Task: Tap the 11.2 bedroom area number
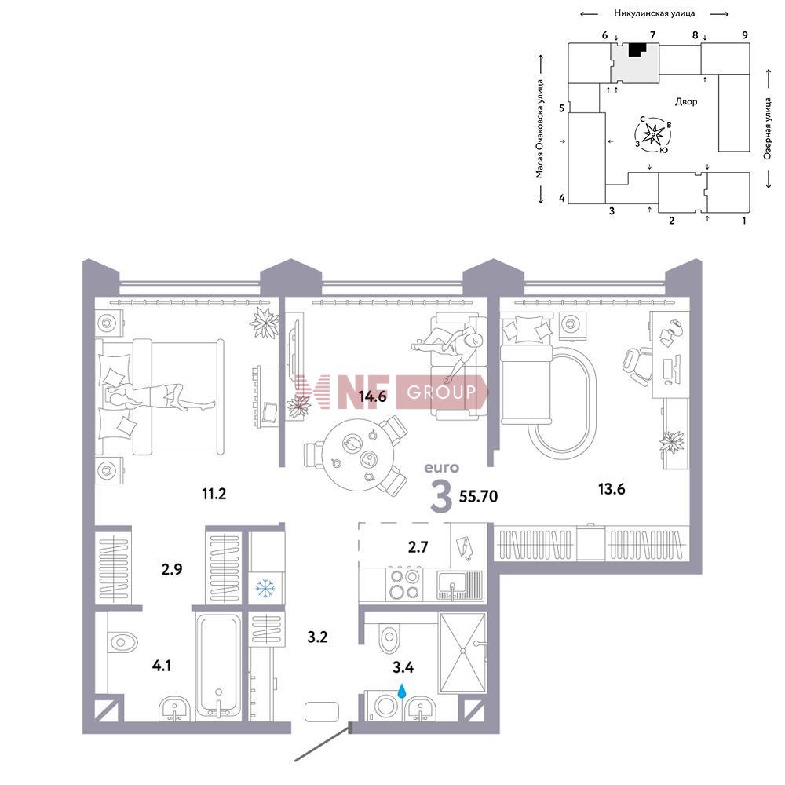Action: click(x=214, y=494)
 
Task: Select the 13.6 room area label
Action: click(x=612, y=488)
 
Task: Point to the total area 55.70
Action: click(x=478, y=496)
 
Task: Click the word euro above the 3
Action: click(x=441, y=468)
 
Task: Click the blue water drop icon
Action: click(x=401, y=692)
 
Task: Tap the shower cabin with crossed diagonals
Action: click(x=462, y=652)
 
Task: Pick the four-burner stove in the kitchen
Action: click(x=404, y=584)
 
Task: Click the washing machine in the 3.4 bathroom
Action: click(x=385, y=706)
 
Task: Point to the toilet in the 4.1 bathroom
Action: click(x=122, y=642)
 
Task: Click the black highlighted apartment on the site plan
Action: click(x=636, y=49)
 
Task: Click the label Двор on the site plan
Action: click(x=686, y=101)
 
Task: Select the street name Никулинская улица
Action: click(x=655, y=13)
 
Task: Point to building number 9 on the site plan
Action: click(x=745, y=35)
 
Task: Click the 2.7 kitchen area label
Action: click(x=418, y=546)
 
